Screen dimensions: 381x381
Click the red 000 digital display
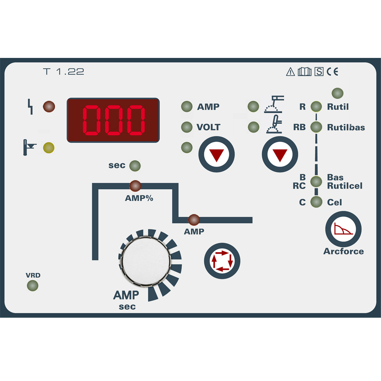coord(113,120)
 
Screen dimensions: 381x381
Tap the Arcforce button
coord(343,229)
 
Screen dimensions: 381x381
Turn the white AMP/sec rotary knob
coord(146,261)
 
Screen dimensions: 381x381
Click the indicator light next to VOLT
coord(187,127)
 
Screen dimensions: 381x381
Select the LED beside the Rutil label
coord(316,106)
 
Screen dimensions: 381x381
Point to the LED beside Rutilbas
coord(316,127)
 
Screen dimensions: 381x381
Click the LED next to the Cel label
coord(316,202)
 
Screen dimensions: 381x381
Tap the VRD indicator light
coord(32,285)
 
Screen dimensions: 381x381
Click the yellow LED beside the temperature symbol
coord(49,147)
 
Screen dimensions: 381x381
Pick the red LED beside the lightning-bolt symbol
coord(49,106)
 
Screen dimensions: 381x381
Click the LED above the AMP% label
coord(135,186)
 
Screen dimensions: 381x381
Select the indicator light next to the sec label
coord(135,166)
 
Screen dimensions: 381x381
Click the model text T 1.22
coord(64,72)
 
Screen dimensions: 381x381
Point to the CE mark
coord(332,72)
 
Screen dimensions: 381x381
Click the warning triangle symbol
coord(290,72)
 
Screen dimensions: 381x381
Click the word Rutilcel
coord(344,186)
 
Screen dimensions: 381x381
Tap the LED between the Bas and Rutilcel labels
coord(316,181)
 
